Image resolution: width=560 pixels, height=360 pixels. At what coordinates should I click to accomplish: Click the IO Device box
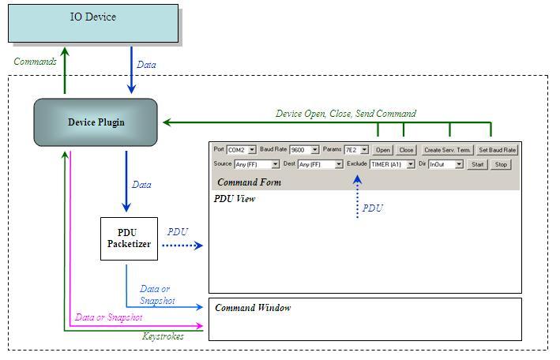[x=93, y=23]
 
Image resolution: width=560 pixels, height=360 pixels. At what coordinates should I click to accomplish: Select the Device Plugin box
[x=96, y=122]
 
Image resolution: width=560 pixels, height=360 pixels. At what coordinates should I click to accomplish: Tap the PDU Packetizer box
[x=129, y=239]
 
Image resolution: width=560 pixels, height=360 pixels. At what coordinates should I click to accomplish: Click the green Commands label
[x=36, y=61]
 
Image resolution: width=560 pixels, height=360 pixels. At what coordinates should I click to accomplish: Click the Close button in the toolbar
[x=406, y=149]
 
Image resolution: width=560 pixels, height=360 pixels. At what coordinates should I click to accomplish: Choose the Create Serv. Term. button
[x=447, y=149]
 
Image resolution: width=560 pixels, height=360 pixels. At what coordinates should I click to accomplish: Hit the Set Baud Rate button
[x=497, y=149]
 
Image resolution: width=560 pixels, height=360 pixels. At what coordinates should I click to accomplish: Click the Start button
[x=476, y=164]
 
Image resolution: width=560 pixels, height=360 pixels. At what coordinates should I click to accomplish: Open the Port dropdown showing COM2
[x=241, y=149]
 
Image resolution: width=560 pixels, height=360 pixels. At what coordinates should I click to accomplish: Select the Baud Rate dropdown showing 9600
[x=304, y=149]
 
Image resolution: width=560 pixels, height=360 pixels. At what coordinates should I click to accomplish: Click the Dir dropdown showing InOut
[x=445, y=164]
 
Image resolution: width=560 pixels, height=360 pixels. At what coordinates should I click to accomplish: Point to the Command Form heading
[x=249, y=182]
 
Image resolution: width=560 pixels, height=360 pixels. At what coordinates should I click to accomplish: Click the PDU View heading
[x=235, y=199]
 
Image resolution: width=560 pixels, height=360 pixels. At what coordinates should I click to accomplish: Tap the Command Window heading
[x=253, y=308]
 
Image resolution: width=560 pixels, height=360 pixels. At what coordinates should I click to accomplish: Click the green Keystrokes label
[x=163, y=336]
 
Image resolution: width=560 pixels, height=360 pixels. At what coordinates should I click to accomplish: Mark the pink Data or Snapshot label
[x=108, y=317]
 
